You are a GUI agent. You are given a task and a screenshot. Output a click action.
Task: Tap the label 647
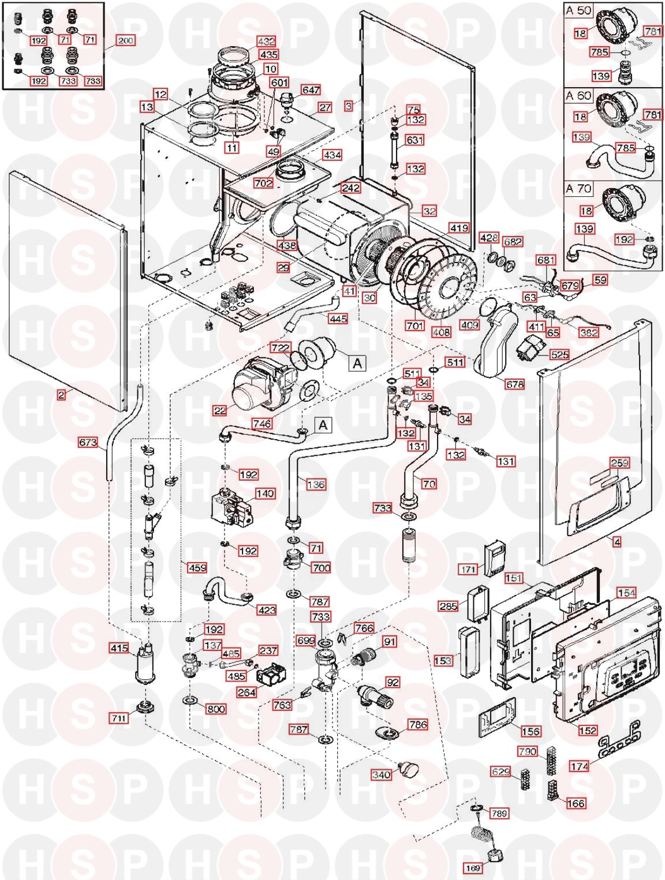point(311,91)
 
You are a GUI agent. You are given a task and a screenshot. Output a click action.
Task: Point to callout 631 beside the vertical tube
point(414,140)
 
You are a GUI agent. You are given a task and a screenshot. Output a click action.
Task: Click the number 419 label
point(459,228)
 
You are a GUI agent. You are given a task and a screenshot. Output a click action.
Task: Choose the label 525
point(559,355)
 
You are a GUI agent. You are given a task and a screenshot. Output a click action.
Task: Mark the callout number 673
point(88,443)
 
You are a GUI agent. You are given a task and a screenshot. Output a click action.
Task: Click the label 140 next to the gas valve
point(265,493)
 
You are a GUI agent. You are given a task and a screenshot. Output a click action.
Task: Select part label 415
point(119,649)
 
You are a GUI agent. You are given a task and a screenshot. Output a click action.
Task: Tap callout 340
point(380,775)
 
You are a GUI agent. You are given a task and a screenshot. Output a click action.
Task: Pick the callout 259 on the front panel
point(619,463)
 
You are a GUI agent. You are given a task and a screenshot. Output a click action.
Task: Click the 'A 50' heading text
point(578,10)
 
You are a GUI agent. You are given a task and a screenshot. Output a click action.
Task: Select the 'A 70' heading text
point(578,189)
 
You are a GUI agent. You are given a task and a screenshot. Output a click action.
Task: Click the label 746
point(263,424)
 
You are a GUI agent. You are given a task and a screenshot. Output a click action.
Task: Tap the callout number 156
point(530,731)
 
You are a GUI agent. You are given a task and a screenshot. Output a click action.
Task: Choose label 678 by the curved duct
point(514,384)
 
